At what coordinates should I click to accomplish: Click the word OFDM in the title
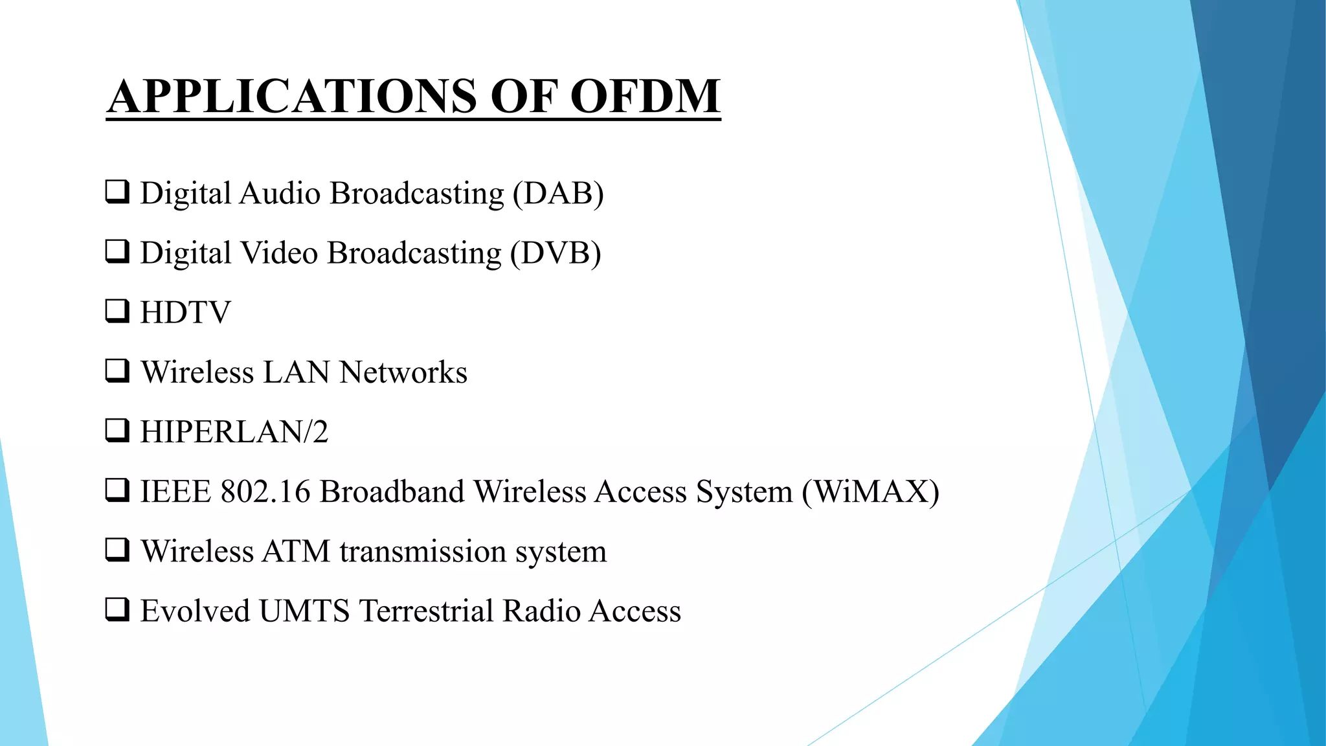(645, 96)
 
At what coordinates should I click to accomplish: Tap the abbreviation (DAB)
(558, 194)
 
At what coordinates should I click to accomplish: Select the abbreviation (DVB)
(556, 253)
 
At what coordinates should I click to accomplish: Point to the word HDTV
(185, 313)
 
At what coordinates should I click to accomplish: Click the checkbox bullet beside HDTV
(117, 311)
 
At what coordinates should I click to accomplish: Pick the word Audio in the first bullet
(280, 194)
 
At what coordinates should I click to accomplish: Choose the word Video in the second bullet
(279, 253)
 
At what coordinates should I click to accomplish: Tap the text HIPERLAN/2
(234, 432)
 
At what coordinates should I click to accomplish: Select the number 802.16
(265, 492)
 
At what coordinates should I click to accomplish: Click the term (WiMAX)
(871, 492)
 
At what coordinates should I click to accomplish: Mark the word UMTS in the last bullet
(304, 611)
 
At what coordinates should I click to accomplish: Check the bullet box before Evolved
(117, 609)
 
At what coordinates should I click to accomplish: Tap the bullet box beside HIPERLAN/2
(117, 430)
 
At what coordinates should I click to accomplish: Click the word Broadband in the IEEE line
(392, 492)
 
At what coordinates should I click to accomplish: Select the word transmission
(423, 552)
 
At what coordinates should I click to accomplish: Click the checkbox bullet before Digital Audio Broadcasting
(117, 192)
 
